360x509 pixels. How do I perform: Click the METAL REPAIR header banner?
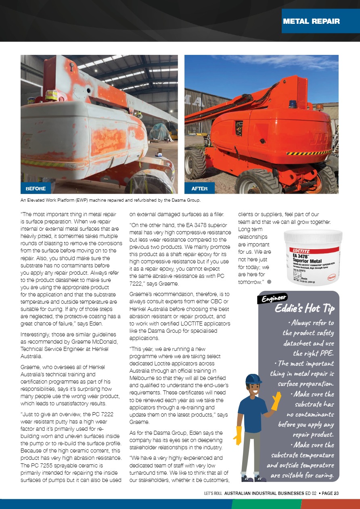311,21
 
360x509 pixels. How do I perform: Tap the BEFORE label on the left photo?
36,188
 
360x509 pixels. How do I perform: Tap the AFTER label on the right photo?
199,188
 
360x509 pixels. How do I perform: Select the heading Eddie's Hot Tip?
304,309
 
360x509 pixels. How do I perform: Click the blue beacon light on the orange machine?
293,104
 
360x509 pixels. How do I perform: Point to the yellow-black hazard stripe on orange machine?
308,153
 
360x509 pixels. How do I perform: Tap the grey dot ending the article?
269,282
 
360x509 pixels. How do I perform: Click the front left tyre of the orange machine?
196,164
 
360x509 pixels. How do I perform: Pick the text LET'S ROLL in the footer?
213,493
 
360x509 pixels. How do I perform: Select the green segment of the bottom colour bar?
266,504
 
